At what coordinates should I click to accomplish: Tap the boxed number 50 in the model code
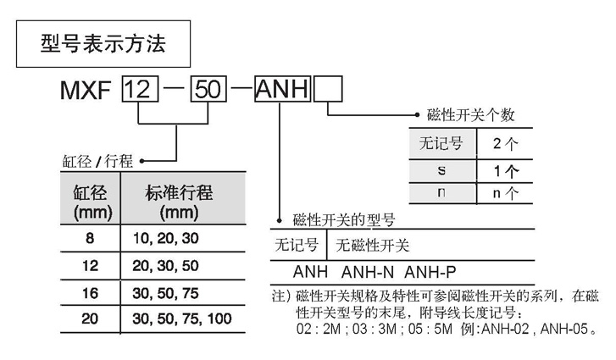click(x=208, y=88)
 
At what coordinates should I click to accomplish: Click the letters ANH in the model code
click(x=283, y=88)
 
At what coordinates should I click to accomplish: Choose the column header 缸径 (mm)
click(x=90, y=201)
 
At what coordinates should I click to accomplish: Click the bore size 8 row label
click(x=90, y=240)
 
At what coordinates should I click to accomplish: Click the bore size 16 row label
click(x=90, y=292)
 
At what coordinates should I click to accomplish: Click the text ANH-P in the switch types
click(x=428, y=274)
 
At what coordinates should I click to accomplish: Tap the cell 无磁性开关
click(x=373, y=246)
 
